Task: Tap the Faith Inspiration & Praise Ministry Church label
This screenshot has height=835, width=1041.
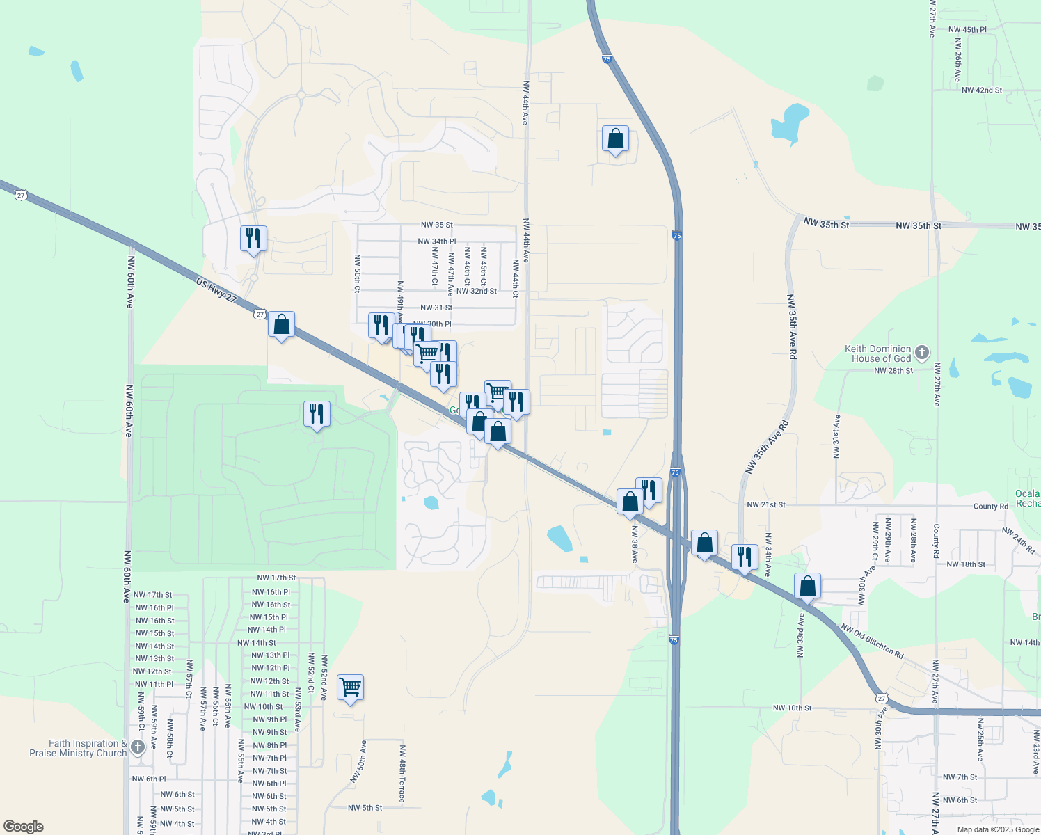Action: click(78, 748)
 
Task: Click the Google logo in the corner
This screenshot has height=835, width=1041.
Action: click(24, 827)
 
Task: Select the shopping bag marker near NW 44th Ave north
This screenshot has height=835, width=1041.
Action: click(615, 139)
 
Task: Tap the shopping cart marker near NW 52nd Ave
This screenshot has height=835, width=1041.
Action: click(350, 687)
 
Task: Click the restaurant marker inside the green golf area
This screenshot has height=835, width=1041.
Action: click(317, 414)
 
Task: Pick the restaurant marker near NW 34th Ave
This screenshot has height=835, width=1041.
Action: click(745, 557)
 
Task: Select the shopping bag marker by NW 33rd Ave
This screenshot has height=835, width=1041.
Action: click(807, 586)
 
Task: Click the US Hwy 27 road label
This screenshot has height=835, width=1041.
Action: click(216, 289)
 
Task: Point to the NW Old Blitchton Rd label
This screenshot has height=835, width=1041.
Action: click(872, 641)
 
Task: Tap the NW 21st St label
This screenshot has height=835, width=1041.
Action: click(765, 504)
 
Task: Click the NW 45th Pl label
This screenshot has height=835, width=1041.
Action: click(967, 30)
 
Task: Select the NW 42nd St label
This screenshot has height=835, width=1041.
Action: click(981, 90)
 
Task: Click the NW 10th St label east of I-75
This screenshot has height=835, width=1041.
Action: click(792, 708)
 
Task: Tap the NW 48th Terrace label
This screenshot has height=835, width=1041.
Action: click(402, 774)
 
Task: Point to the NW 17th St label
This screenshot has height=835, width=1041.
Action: click(276, 578)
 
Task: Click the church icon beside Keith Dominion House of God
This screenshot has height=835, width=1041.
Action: click(922, 353)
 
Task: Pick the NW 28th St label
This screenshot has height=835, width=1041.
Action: click(893, 371)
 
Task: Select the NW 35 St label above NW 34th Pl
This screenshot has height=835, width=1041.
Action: click(436, 225)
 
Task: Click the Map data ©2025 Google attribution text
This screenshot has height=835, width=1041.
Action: click(998, 829)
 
